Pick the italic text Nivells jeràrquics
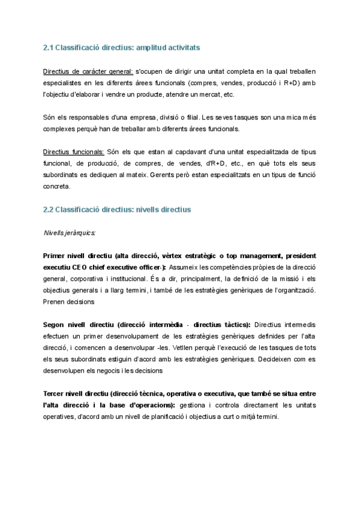(x=70, y=232)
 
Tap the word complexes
(x=61, y=128)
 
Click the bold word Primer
(x=55, y=256)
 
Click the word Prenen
(x=56, y=301)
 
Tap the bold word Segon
(x=55, y=325)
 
